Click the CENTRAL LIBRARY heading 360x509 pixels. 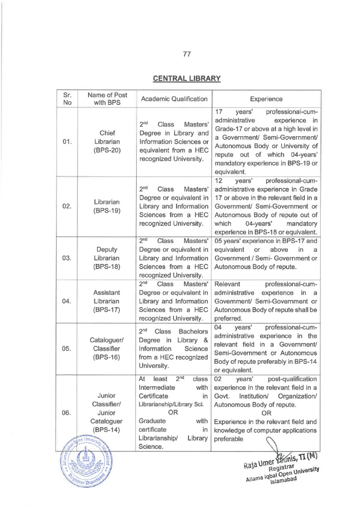point(180,78)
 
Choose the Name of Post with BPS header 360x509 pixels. point(107,98)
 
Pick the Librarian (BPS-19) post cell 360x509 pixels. point(107,207)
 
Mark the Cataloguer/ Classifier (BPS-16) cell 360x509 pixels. point(107,348)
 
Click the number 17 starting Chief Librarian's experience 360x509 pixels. point(220,111)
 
